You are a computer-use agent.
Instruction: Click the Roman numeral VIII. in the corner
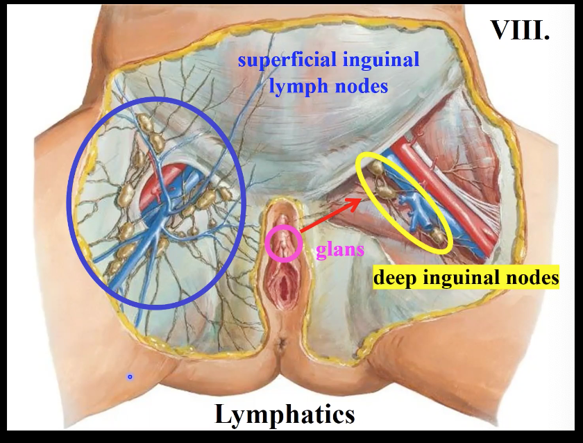tap(520, 28)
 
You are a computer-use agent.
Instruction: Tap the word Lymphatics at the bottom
tap(285, 415)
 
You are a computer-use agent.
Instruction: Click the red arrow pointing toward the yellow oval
tap(331, 215)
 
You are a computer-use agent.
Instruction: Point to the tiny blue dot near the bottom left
tap(130, 376)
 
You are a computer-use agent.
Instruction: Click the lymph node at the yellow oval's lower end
tap(438, 238)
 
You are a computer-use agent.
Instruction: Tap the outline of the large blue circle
tap(69, 201)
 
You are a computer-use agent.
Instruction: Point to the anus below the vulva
tap(282, 343)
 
